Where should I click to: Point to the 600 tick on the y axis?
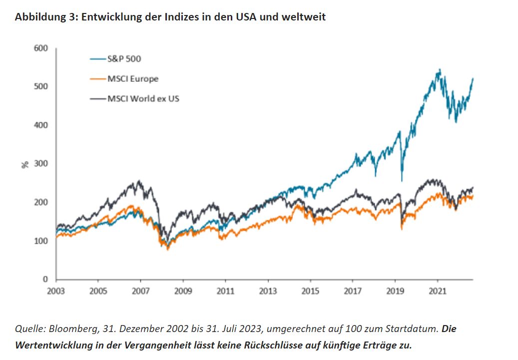(x=41, y=48)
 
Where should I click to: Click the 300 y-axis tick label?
(x=41, y=164)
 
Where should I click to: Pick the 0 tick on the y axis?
(x=45, y=279)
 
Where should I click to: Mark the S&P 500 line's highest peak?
(x=439, y=69)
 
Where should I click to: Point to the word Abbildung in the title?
(x=35, y=17)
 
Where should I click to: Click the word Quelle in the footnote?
(x=28, y=330)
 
